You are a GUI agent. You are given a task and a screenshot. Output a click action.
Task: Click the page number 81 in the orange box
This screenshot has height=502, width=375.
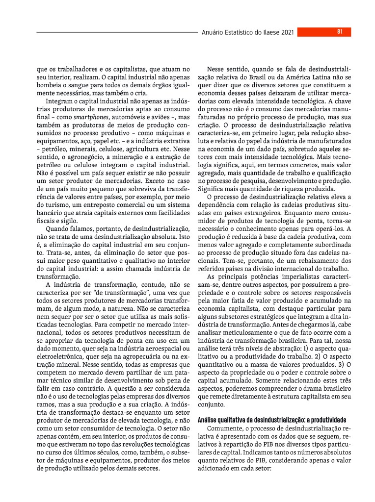tap(340, 32)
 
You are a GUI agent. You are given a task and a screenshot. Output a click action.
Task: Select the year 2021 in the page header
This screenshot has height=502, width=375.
tap(288, 33)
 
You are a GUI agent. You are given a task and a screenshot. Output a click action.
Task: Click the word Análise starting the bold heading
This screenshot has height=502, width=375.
tap(208, 421)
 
